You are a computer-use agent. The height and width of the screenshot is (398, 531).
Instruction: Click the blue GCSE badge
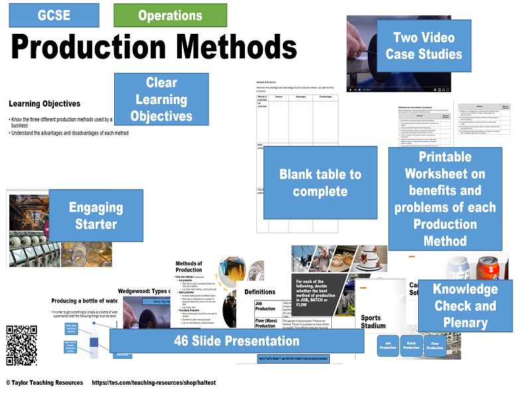tap(54, 15)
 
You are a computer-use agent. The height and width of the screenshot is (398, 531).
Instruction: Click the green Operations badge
tap(170, 15)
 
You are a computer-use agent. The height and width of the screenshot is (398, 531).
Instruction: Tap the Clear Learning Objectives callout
tap(162, 99)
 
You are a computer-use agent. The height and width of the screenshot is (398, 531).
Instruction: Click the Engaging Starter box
tap(96, 216)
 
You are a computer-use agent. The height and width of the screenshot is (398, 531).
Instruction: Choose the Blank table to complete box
tap(321, 183)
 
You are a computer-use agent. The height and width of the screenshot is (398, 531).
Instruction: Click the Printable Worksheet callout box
tap(445, 198)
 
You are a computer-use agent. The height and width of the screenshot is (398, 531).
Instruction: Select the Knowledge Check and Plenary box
tap(465, 306)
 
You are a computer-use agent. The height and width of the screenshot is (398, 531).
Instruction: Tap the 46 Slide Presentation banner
tap(237, 341)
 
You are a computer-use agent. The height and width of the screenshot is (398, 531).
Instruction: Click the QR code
tap(22, 341)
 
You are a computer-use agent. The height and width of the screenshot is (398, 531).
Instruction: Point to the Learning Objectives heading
tap(44, 103)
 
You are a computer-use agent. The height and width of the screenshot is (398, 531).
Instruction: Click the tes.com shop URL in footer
tap(153, 383)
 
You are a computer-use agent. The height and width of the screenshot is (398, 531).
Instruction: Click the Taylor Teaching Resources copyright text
tap(45, 383)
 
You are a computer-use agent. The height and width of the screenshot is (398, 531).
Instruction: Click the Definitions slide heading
tap(259, 291)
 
